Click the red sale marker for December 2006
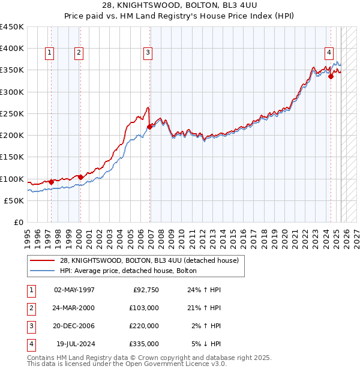tap(150, 127)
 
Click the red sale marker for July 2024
tap(331, 76)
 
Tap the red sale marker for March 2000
tap(80, 177)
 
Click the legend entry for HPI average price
tap(132, 271)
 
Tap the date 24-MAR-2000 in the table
tap(74, 308)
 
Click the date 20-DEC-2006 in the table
tap(74, 326)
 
